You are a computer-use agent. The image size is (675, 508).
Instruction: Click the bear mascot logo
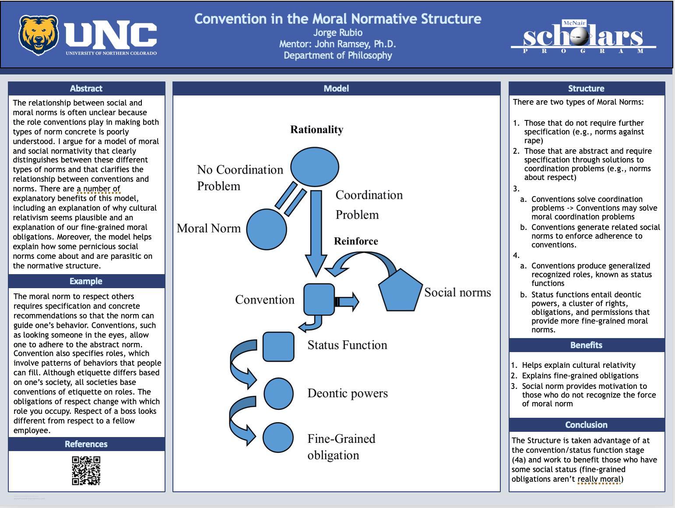38,35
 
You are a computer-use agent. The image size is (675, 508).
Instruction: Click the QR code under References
86,470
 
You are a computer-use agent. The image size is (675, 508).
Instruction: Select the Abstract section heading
86,88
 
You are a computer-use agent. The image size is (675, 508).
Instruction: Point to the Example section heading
86,281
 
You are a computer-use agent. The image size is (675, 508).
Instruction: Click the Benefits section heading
586,345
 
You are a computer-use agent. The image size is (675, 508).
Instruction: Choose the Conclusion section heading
586,425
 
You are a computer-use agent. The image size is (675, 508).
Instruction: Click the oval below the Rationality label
314,166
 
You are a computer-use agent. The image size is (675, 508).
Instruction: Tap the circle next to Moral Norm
266,229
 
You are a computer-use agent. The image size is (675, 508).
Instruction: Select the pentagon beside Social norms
400,291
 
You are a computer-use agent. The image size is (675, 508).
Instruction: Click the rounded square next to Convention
319,299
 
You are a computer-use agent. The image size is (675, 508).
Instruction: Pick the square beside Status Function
278,346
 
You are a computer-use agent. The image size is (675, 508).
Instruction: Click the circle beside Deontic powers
278,394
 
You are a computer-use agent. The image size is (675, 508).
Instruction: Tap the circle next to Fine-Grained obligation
278,437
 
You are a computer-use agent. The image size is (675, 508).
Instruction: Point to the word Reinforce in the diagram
356,241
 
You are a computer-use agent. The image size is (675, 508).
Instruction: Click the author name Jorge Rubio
337,32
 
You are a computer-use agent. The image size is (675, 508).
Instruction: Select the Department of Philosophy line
337,55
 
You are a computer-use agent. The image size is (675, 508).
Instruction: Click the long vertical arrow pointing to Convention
316,232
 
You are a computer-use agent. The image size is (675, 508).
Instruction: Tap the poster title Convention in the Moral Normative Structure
337,19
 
